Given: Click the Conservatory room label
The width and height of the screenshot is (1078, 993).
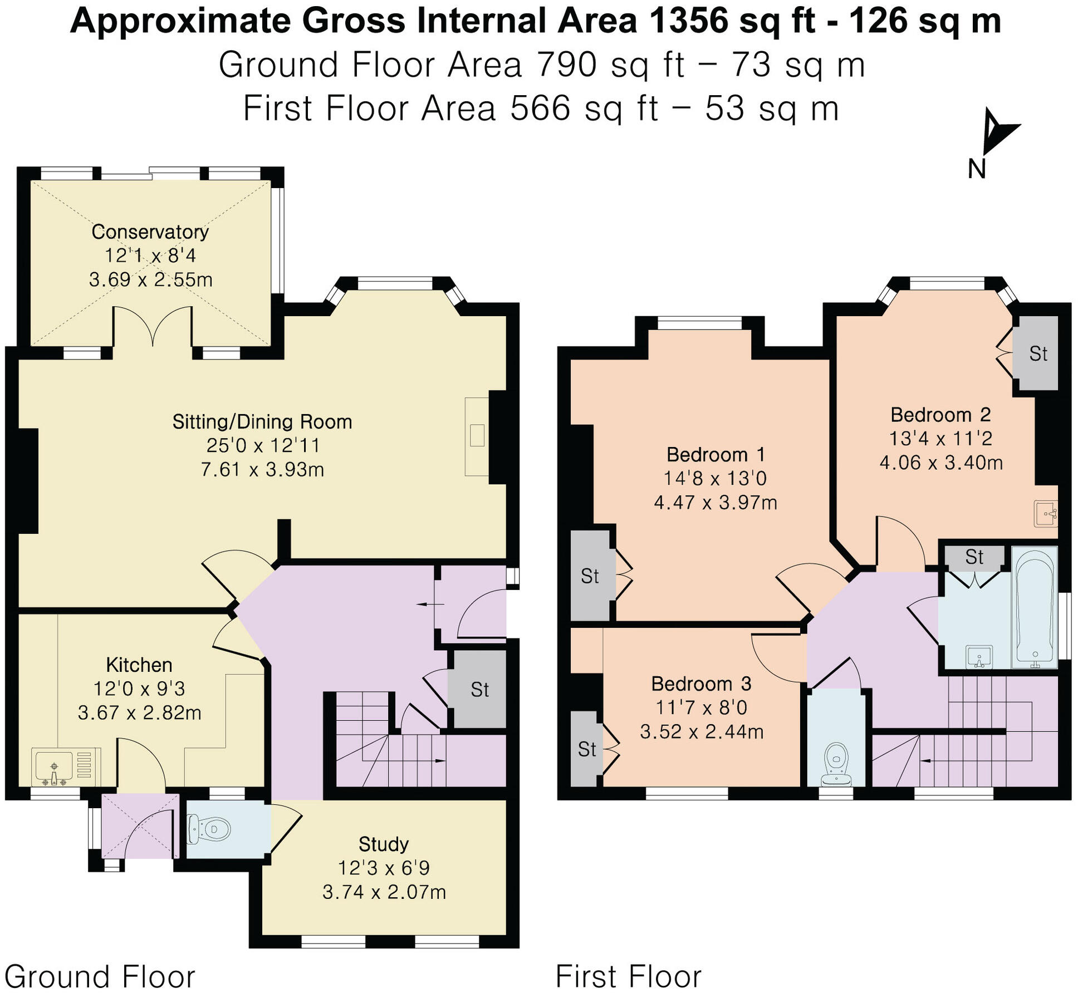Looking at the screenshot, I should click(x=150, y=232).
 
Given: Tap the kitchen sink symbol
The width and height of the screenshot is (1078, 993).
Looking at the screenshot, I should click(x=55, y=767).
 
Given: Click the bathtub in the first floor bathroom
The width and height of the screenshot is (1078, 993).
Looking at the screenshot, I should click(x=1035, y=607).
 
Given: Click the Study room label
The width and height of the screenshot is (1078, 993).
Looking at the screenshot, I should click(x=384, y=844).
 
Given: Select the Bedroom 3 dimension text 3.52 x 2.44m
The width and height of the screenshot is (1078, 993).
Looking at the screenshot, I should click(x=702, y=731).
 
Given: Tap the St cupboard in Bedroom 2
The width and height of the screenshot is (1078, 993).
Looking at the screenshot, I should click(x=1038, y=354).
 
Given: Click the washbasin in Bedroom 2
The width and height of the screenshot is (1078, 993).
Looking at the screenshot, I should click(x=1046, y=513).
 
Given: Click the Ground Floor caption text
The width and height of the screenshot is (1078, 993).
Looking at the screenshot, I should click(x=100, y=976).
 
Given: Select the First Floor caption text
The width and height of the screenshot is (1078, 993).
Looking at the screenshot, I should click(x=629, y=976).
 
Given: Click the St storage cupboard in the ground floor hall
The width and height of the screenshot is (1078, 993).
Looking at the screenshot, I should click(x=479, y=690).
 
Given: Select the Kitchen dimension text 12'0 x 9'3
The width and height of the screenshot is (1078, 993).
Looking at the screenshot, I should click(x=139, y=689).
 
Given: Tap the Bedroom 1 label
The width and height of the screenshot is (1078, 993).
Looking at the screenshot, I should click(x=716, y=455).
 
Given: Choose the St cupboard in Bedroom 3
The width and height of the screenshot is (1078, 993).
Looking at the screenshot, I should click(x=587, y=749).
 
